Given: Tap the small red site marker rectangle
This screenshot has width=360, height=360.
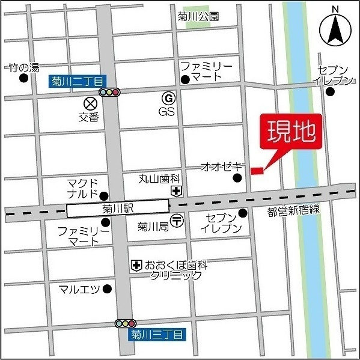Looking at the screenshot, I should click(x=257, y=172).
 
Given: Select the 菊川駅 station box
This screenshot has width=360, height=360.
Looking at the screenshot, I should click(x=118, y=210).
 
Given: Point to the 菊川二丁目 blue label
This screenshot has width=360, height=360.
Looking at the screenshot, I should click(x=77, y=81).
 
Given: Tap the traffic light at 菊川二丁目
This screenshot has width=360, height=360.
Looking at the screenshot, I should click(x=110, y=93).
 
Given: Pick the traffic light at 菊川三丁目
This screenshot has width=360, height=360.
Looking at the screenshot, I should click(x=126, y=324).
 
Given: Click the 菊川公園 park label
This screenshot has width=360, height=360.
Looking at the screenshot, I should click(x=198, y=17).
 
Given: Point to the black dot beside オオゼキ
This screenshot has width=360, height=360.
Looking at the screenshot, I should click(x=237, y=177).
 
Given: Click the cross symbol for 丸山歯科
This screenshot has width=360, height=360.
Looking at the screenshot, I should click(x=176, y=192).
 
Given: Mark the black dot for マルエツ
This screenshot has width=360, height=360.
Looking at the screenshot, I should click(x=107, y=289).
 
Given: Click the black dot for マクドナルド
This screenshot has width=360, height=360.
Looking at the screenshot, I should click(x=103, y=195).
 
